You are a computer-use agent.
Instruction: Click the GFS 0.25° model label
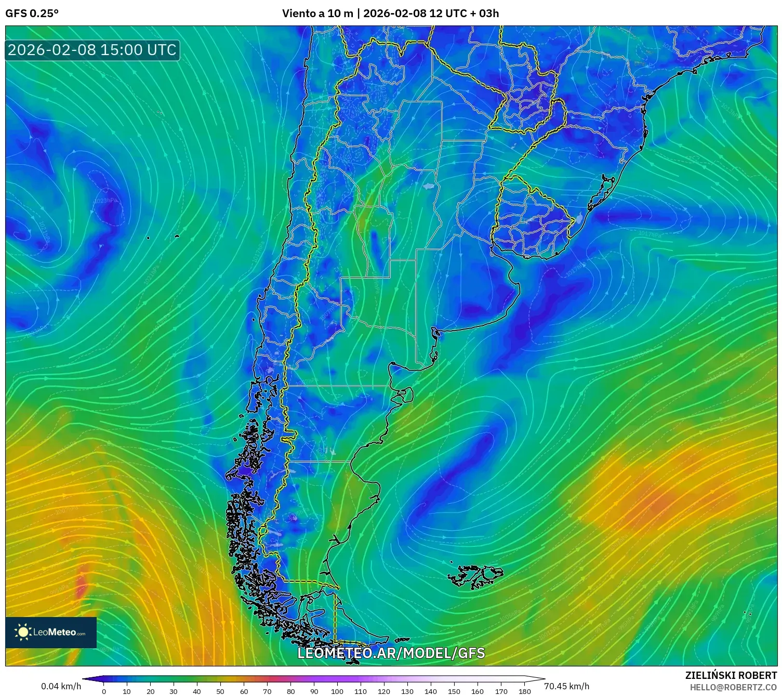point(32,14)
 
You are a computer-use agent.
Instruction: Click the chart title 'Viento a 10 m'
point(317,14)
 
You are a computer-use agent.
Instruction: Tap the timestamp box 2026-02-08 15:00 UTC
point(92,50)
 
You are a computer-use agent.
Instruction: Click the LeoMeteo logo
point(51,632)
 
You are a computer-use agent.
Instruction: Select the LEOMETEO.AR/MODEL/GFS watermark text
point(391,653)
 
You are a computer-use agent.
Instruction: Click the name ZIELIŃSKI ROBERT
point(731,675)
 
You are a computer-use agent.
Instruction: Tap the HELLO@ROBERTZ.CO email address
point(733,687)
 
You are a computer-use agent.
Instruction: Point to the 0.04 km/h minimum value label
point(61,686)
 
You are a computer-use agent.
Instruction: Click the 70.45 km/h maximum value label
point(566,686)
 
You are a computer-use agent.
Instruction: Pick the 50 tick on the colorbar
point(220,691)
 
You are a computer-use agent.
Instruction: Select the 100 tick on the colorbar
point(337,691)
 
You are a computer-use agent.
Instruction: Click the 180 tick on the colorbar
point(524,691)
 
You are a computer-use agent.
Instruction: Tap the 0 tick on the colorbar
point(104,691)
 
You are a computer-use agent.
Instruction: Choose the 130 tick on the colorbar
point(407,691)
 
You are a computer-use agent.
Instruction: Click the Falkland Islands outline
point(475,576)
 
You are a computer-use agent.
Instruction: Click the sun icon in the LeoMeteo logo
point(23,632)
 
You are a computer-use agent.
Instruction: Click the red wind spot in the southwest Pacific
point(82,582)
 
